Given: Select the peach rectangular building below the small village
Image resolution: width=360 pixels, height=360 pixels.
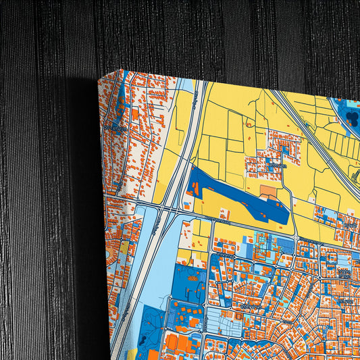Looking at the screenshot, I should pyautogui.click(x=268, y=192).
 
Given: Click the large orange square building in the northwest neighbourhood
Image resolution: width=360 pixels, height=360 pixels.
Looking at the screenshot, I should pyautogui.click(x=134, y=115).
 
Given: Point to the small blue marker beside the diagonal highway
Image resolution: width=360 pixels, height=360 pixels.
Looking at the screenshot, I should pyautogui.click(x=356, y=173).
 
